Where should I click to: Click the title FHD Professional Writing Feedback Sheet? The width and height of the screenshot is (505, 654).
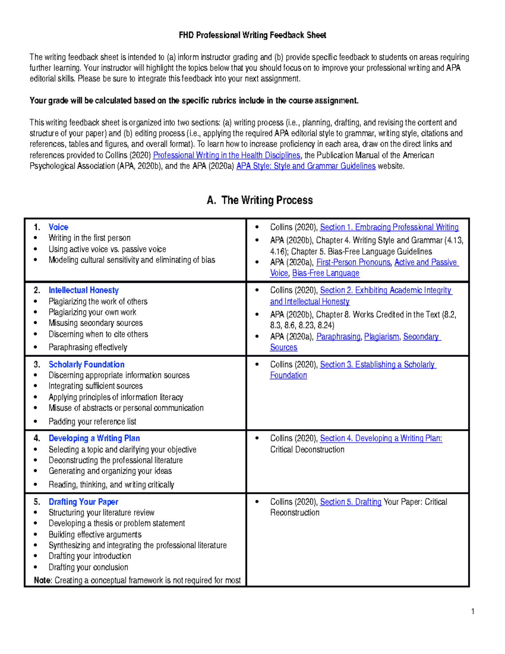(252, 35)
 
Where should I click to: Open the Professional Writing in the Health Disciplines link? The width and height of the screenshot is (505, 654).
(226, 155)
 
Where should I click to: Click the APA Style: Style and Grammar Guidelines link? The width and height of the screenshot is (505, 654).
(306, 166)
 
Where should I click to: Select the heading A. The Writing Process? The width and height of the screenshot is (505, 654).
(260, 200)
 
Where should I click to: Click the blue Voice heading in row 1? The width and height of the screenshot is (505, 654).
(58, 227)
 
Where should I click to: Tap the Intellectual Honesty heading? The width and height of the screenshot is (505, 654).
(83, 290)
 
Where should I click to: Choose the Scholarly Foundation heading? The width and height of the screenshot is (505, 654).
(86, 364)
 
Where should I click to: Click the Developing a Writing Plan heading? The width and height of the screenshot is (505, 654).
(94, 438)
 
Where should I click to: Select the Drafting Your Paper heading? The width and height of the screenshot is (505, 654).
(83, 502)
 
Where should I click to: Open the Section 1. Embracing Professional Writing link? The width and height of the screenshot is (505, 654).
(389, 227)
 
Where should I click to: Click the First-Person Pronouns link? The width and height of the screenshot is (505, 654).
(353, 262)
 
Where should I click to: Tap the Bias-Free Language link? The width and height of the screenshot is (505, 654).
(325, 273)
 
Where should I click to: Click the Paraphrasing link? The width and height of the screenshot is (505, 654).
(338, 336)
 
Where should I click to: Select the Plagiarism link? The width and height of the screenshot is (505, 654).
(381, 336)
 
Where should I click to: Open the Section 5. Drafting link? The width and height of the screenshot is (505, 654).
(350, 502)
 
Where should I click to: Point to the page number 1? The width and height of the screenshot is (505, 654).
(473, 611)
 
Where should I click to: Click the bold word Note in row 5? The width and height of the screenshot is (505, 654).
(42, 580)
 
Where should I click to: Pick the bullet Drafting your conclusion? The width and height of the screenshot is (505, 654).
(88, 567)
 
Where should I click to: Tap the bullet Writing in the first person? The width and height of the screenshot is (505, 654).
(89, 238)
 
